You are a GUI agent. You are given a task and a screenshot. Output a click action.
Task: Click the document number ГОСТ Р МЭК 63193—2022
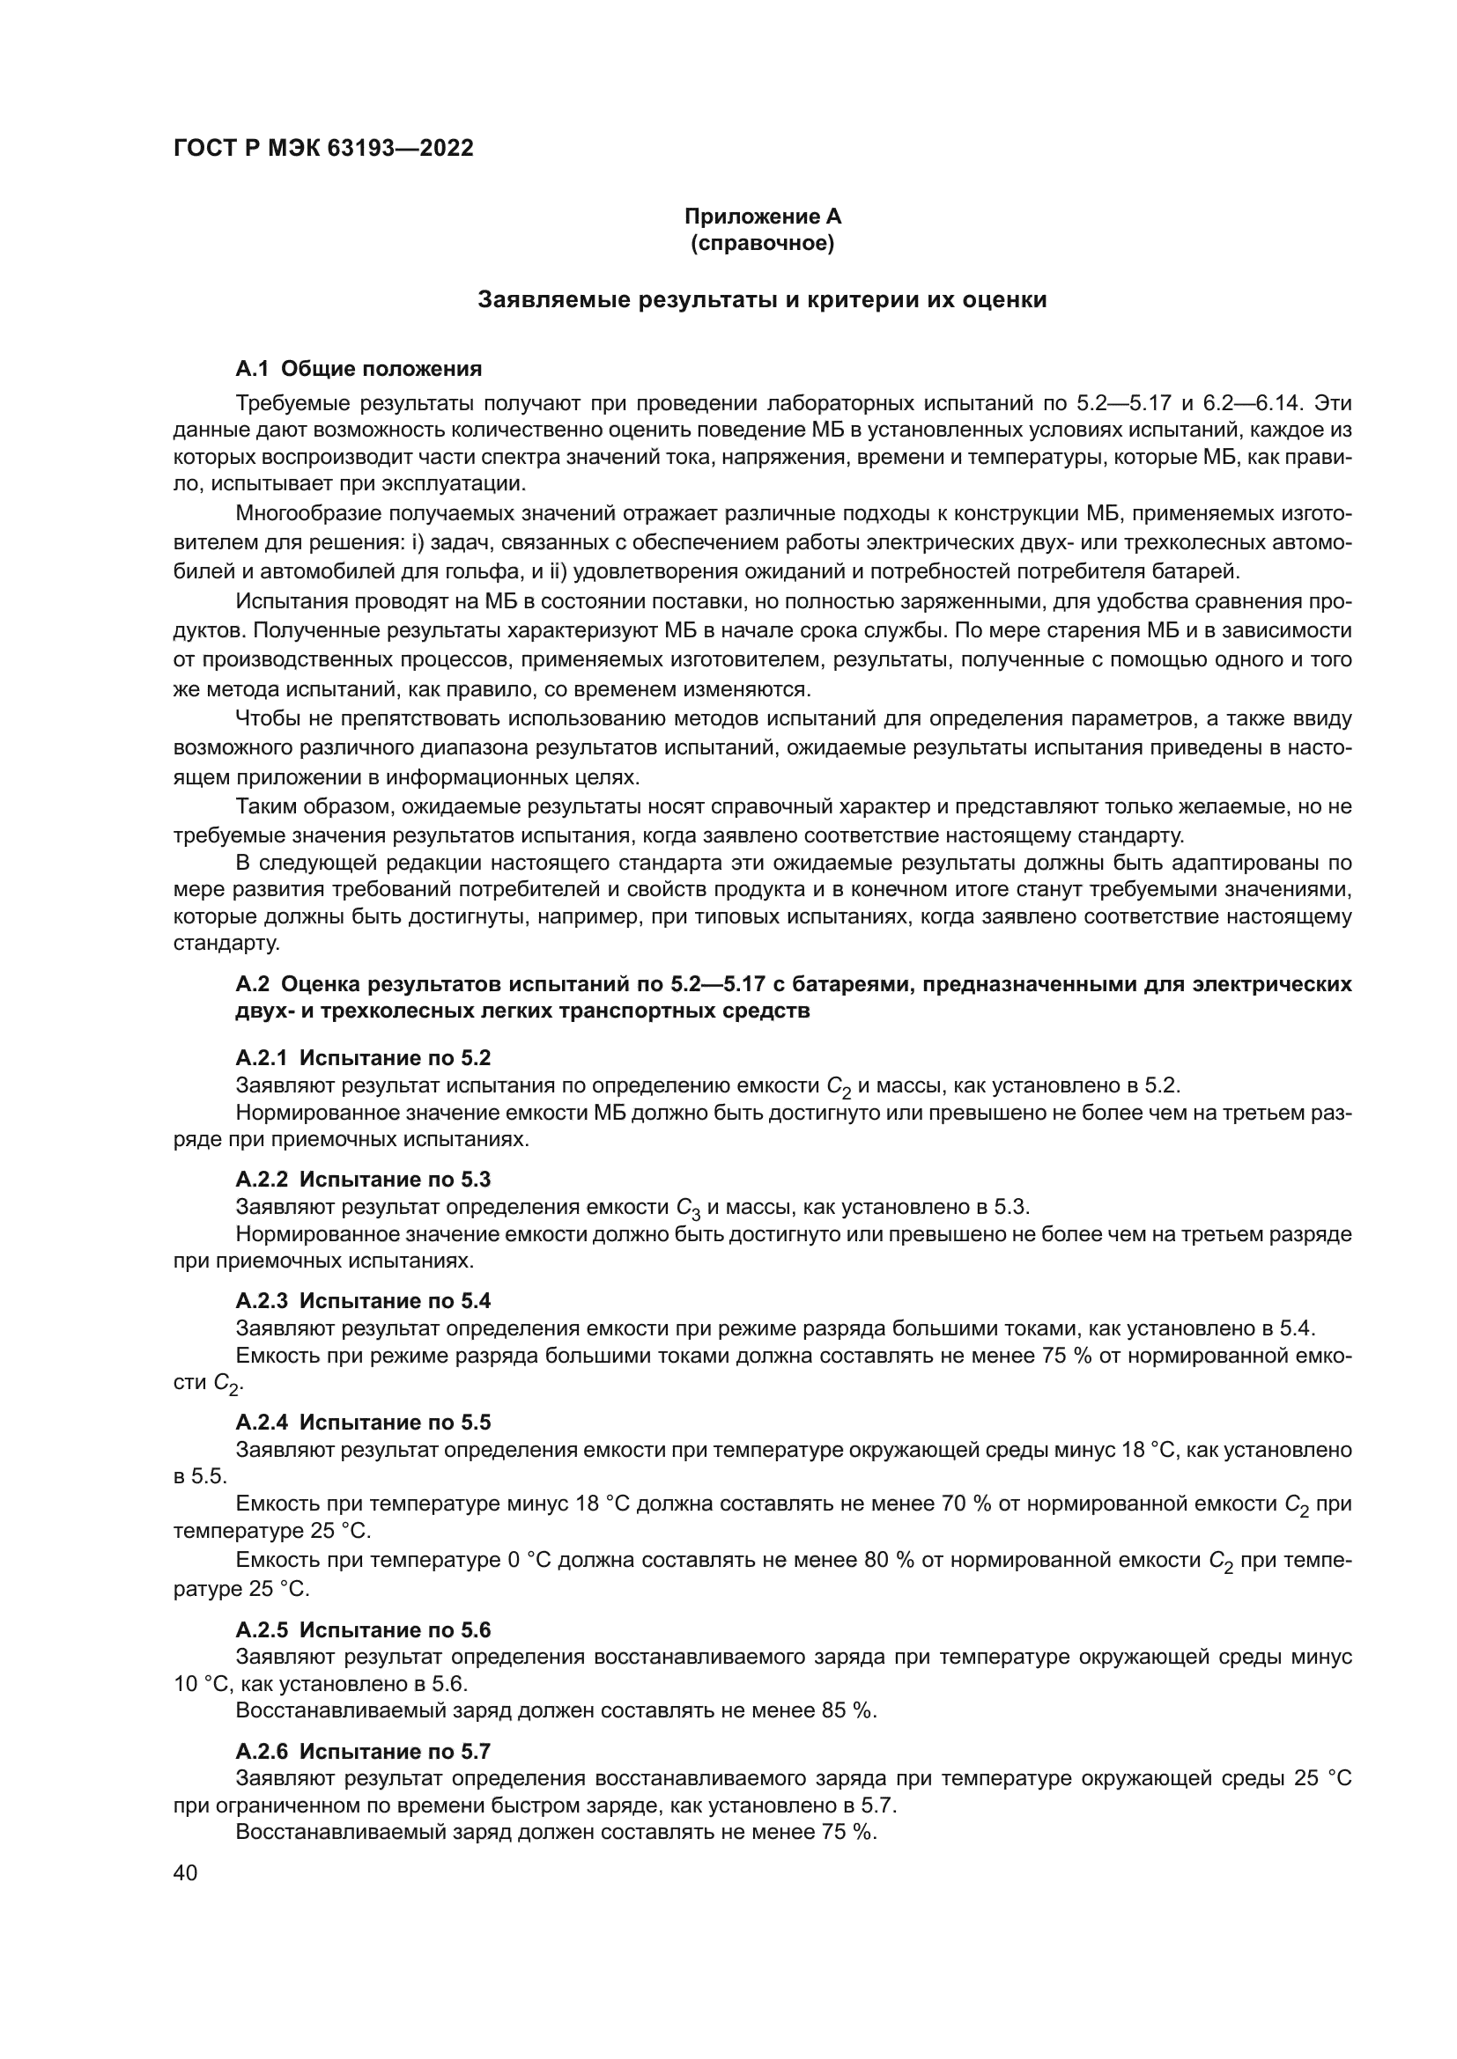point(323,148)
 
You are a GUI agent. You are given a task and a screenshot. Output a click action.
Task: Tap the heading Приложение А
point(763,217)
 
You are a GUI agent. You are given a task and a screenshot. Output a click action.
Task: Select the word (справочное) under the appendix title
point(763,243)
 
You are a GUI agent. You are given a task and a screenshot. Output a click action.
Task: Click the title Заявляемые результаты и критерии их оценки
point(762,299)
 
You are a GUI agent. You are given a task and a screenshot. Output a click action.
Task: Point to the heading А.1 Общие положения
point(358,369)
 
